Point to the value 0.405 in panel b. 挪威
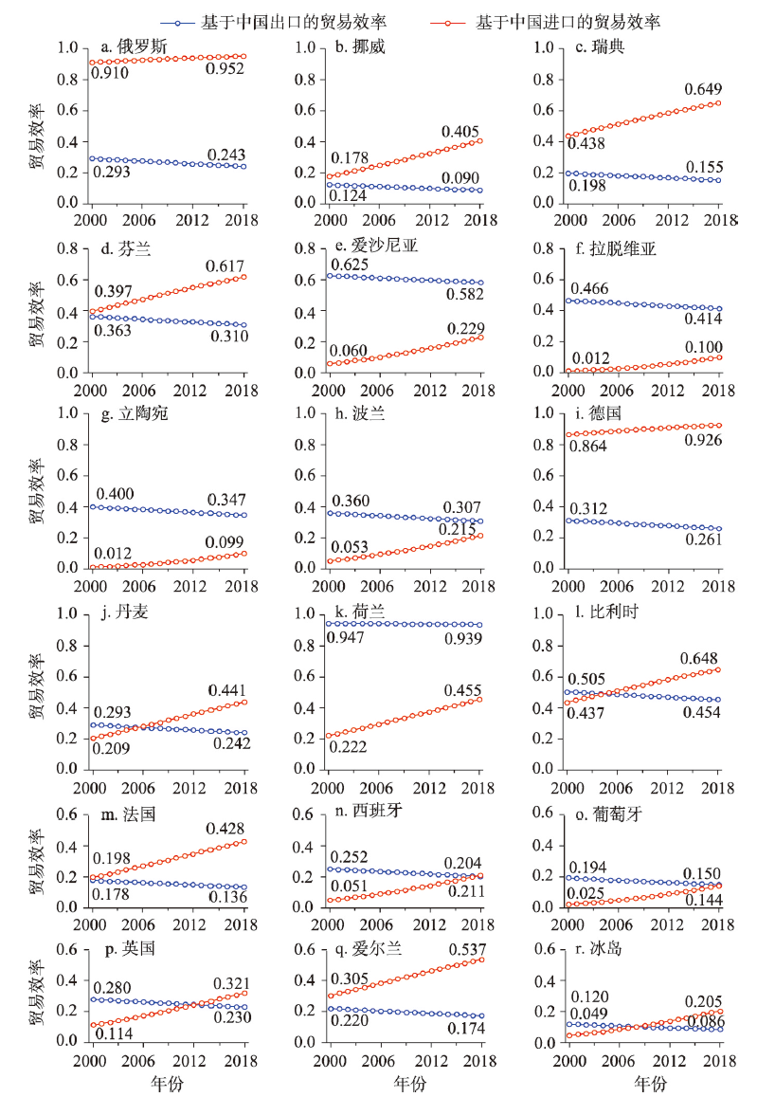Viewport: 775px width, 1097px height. [x=460, y=132]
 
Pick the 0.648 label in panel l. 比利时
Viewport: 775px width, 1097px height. [x=699, y=658]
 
